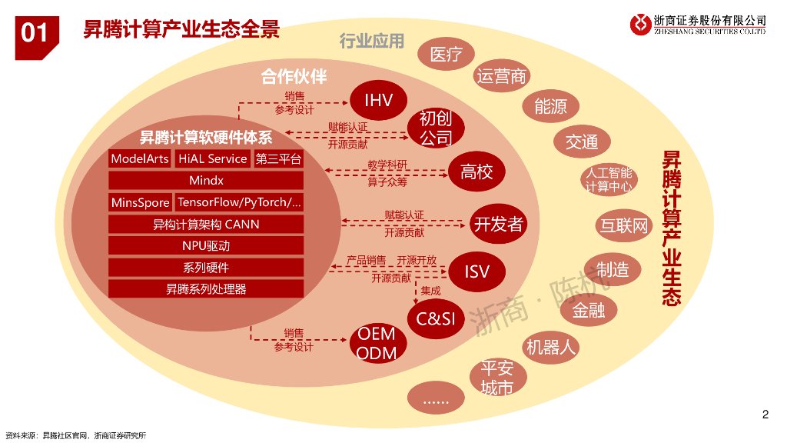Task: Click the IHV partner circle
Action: tap(378, 100)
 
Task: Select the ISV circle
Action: tap(477, 271)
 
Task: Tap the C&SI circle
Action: tap(436, 318)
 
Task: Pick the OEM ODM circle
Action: tap(378, 343)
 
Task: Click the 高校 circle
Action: tap(477, 172)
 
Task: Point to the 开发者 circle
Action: tap(498, 224)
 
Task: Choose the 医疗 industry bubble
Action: tap(447, 54)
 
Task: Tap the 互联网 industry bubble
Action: tap(624, 225)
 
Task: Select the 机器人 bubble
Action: tap(550, 347)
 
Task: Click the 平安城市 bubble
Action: tap(498, 378)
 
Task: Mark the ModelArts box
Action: tap(140, 158)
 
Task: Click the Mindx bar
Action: tap(206, 180)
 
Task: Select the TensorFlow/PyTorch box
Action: tap(239, 202)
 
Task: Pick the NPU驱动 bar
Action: tap(206, 245)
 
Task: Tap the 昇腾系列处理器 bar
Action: tap(206, 289)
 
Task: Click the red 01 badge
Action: tap(37, 38)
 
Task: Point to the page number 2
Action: tap(765, 415)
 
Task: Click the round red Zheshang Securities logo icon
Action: tap(640, 25)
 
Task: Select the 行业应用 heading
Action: tap(372, 41)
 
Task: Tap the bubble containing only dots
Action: tap(436, 398)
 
